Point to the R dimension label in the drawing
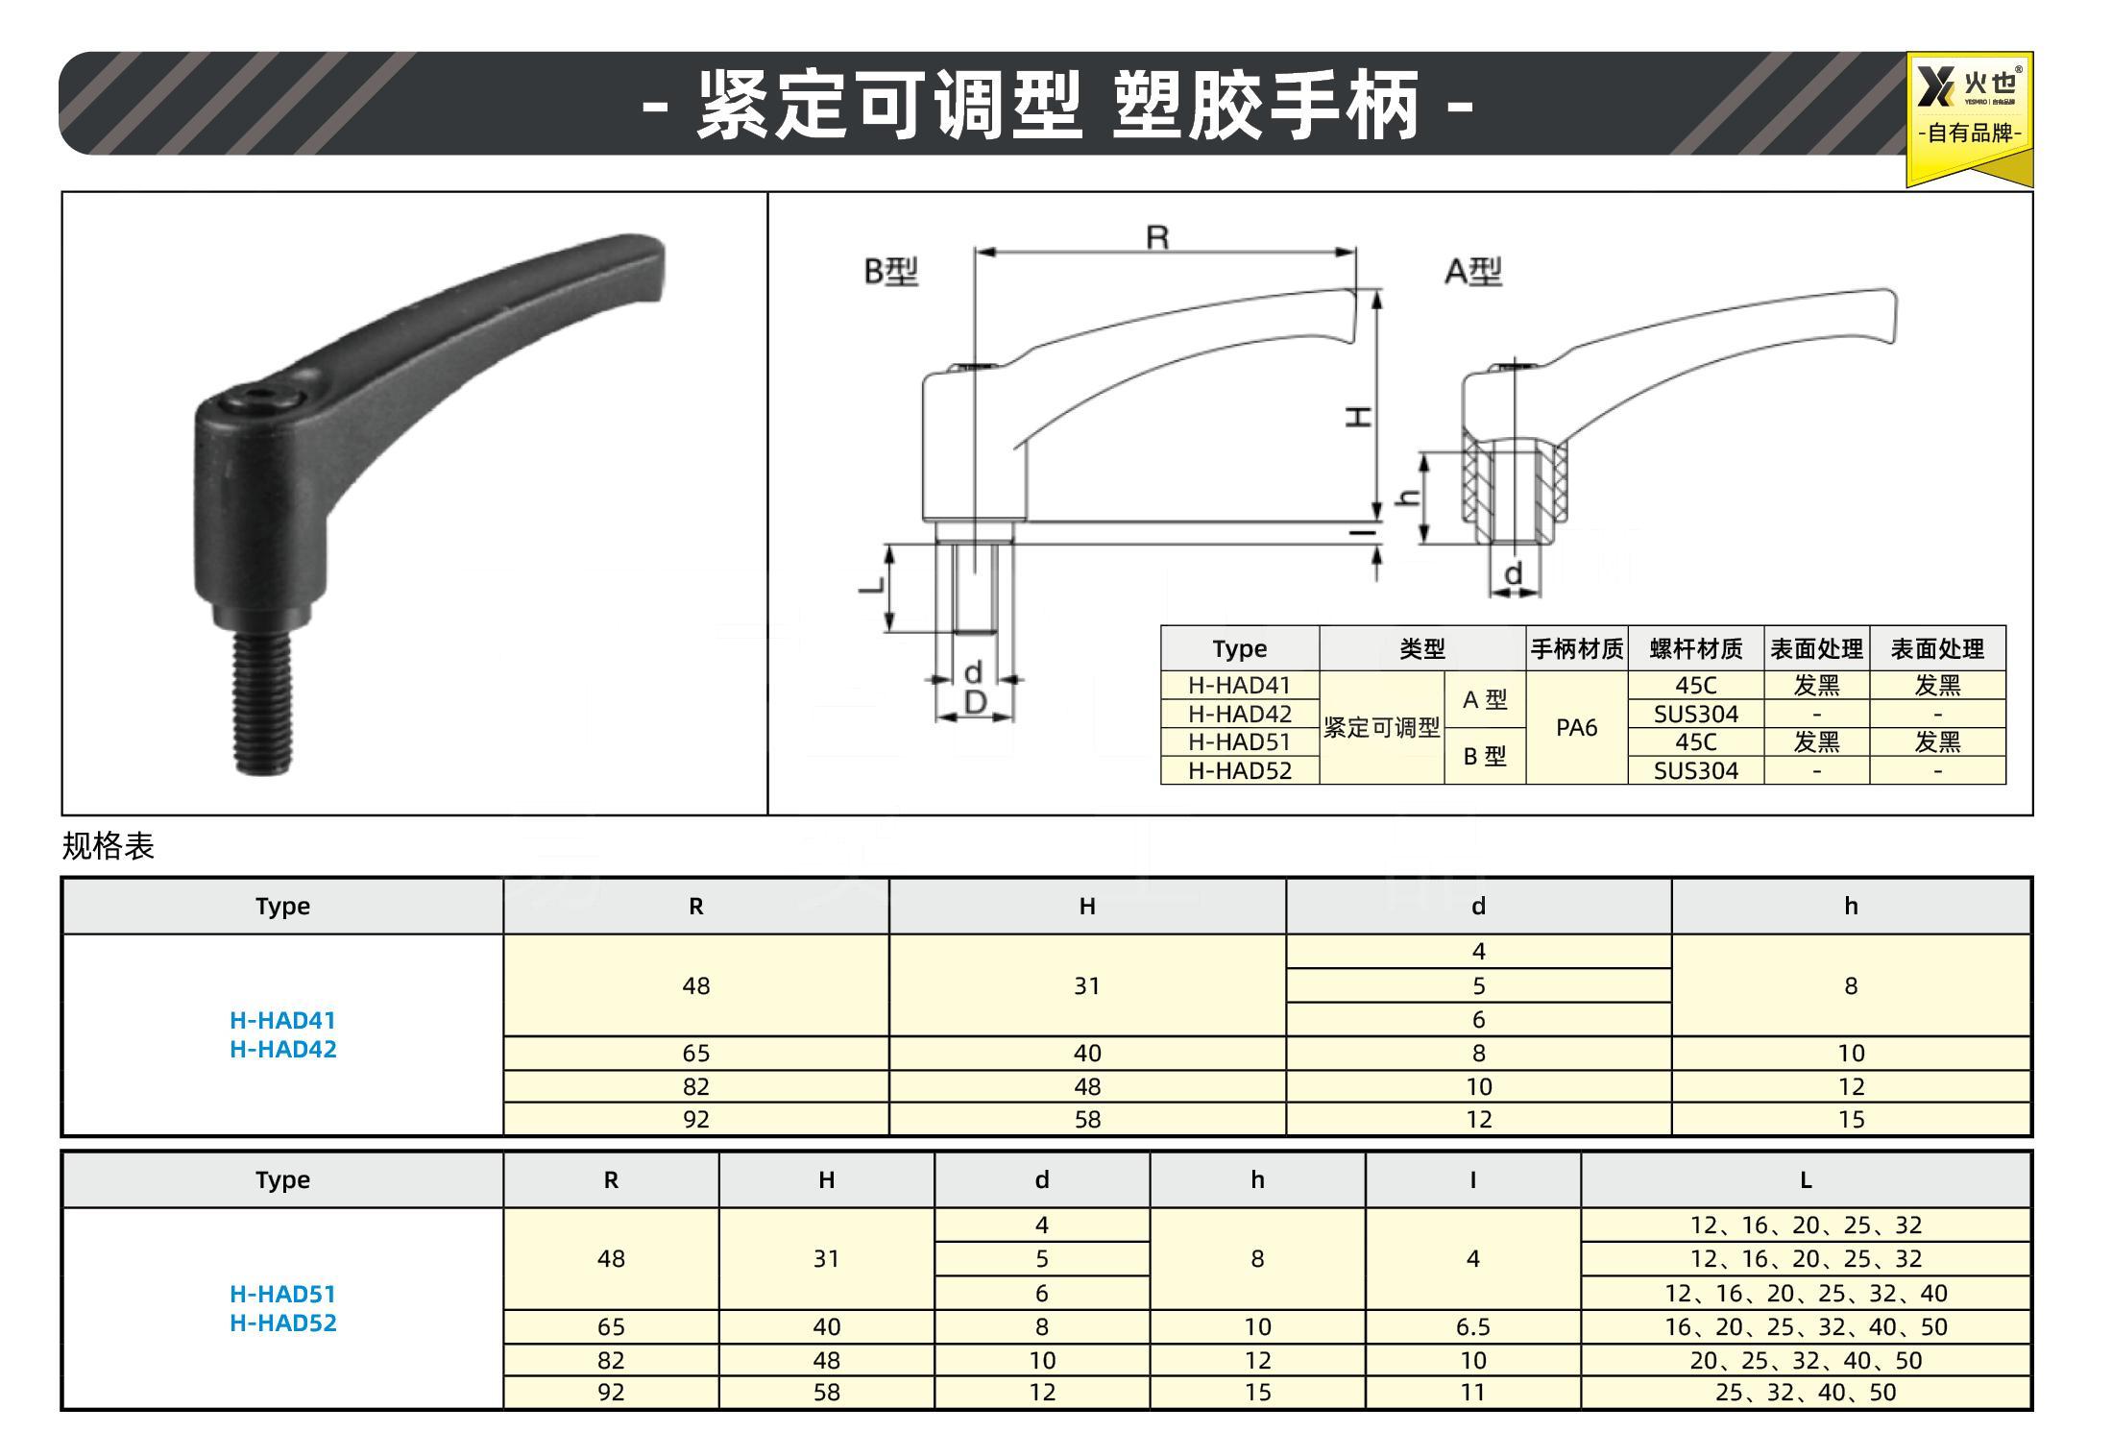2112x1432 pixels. tap(1157, 236)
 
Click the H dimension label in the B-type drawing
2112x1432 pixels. tap(1357, 416)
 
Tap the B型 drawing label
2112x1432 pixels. tap(891, 272)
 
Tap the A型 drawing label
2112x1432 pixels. tap(1473, 272)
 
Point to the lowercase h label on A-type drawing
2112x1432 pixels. tap(1409, 498)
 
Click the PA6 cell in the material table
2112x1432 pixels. tap(1576, 728)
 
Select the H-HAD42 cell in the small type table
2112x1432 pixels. tap(1239, 714)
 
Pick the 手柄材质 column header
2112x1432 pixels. tap(1576, 649)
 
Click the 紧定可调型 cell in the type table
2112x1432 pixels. tap(1381, 728)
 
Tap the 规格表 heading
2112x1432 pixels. tap(108, 846)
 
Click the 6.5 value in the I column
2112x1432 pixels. tap(1472, 1326)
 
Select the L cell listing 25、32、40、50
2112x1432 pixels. tap(1805, 1393)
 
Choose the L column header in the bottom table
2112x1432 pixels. tap(1805, 1179)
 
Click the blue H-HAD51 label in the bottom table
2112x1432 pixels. tap(282, 1294)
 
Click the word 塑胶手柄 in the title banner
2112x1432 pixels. tap(1265, 106)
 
